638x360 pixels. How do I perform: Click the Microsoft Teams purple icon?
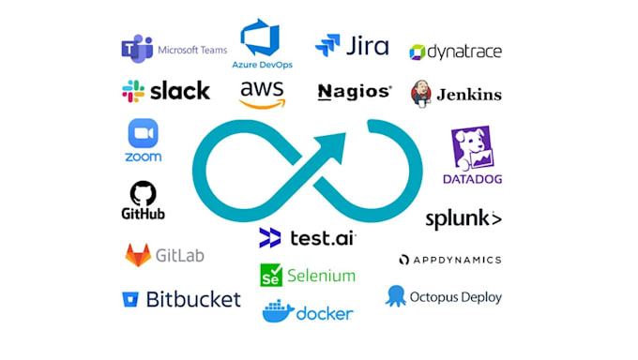point(137,50)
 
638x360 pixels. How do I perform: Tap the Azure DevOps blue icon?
point(260,39)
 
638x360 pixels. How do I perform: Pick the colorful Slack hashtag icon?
point(133,91)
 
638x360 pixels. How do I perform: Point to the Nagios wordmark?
point(354,92)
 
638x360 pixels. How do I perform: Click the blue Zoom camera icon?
point(143,132)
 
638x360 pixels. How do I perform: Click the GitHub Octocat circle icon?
point(143,193)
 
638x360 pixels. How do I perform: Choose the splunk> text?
point(463,218)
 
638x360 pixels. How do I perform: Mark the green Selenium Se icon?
point(271,276)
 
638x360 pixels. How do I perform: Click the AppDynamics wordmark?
point(450,260)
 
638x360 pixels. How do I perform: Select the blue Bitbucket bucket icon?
point(129,300)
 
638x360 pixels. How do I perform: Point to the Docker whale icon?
point(278,311)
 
